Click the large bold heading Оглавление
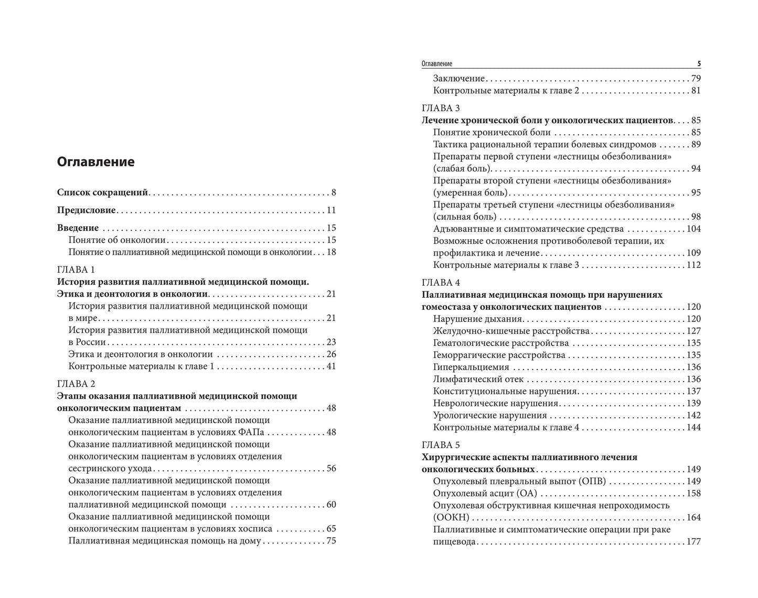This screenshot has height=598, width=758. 95,162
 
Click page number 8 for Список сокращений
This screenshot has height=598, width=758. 333,192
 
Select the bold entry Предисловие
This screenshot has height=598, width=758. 86,210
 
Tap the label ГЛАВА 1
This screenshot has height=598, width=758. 76,269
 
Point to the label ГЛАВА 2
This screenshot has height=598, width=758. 76,384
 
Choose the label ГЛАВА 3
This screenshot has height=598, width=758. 441,108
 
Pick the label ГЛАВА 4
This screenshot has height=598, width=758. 441,282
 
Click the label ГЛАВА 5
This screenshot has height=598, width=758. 441,445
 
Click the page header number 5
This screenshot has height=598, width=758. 699,64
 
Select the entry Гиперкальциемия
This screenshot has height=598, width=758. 471,367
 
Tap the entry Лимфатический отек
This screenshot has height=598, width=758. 478,379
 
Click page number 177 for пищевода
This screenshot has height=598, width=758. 693,541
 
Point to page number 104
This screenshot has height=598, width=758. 693,229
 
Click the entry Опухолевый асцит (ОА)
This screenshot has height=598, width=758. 485,493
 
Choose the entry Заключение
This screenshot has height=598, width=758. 458,78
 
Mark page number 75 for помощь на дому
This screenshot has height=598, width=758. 330,541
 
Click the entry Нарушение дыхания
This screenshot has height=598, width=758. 477,319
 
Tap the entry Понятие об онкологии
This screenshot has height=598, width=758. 117,240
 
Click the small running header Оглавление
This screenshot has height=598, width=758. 436,64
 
